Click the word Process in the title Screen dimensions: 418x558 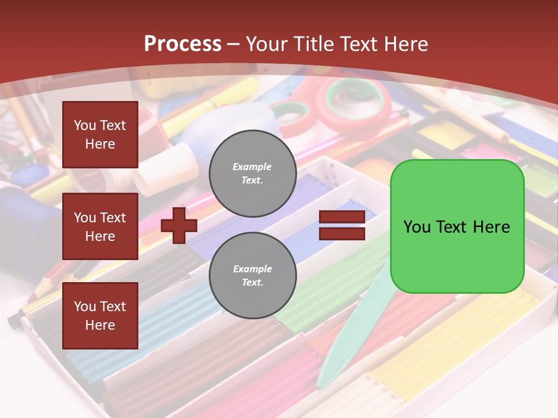183,44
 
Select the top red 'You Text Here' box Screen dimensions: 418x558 100,135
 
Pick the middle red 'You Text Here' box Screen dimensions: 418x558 100,226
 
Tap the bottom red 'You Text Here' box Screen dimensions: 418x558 100,316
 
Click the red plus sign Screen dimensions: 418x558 178,225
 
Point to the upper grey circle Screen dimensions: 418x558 252,173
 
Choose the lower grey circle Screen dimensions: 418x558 252,276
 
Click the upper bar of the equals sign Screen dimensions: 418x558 342,217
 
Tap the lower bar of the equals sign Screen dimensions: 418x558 342,233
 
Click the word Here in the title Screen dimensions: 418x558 406,44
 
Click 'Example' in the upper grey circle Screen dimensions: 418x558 252,167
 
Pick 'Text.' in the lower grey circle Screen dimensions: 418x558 252,282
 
